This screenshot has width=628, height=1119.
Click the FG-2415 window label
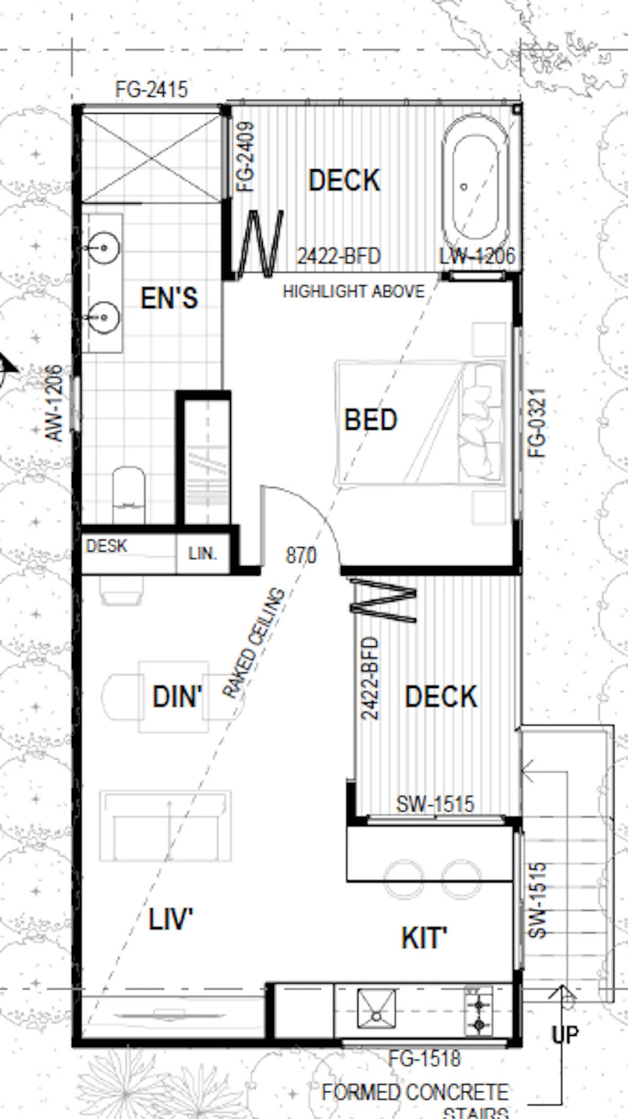point(151,89)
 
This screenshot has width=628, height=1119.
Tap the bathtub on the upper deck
point(475,183)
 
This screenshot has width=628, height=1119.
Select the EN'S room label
point(169,298)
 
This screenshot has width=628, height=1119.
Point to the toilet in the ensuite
point(129,495)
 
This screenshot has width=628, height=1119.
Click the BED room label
point(371,419)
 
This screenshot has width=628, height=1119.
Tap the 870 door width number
point(301,555)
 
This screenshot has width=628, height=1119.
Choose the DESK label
point(106,546)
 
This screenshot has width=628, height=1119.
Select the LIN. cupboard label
point(203,554)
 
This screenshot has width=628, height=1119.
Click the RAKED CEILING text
point(254,643)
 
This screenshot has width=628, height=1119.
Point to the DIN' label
point(178,697)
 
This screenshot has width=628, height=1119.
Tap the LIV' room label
point(170,919)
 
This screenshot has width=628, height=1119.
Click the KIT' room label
point(424,938)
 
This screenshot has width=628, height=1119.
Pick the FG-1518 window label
point(424,1058)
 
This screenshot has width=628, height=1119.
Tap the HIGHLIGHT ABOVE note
point(353,292)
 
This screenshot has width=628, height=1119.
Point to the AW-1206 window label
point(54,403)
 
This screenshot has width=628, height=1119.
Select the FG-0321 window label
point(537,423)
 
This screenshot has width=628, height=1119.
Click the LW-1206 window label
point(477,256)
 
